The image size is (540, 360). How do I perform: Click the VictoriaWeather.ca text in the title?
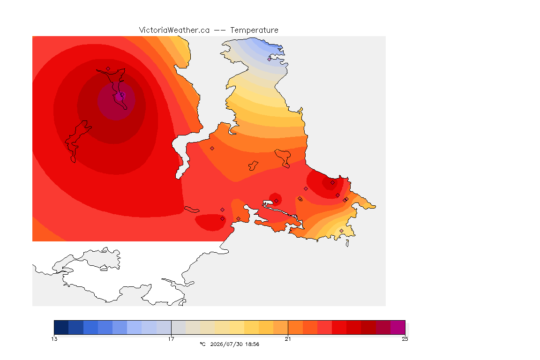click(x=174, y=30)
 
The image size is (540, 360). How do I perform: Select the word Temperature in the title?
click(x=254, y=30)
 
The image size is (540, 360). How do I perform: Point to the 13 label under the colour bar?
click(x=54, y=339)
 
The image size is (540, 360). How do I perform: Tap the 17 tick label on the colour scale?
click(x=171, y=339)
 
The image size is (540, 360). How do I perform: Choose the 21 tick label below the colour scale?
click(x=288, y=339)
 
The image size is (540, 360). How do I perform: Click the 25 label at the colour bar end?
click(x=405, y=339)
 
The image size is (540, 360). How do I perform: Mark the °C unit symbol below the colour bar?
click(x=203, y=344)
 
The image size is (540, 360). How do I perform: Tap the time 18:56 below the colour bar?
click(x=252, y=344)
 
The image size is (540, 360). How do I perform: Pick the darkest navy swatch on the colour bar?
click(x=61, y=327)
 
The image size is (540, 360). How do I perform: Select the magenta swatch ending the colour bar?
click(x=398, y=327)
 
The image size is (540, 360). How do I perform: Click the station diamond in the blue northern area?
click(x=270, y=59)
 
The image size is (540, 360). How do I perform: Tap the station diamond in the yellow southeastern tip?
click(x=341, y=231)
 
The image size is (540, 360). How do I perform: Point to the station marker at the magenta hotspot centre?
click(x=119, y=97)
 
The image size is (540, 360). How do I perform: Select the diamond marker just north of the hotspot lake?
click(x=108, y=69)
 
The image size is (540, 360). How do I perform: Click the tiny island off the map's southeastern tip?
click(x=347, y=243)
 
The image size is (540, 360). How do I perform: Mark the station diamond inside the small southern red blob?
click(x=223, y=218)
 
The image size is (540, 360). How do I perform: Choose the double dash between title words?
click(x=220, y=30)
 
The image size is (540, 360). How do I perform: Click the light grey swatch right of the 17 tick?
click(x=179, y=327)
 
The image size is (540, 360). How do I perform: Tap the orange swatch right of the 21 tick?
click(x=295, y=327)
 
